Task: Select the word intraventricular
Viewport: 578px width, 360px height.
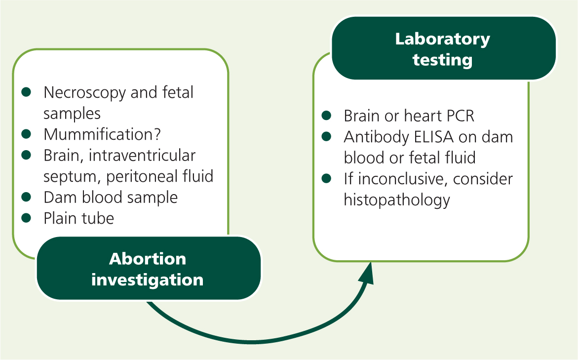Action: pos(142,155)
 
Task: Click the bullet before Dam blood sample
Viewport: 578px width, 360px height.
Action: pos(26,197)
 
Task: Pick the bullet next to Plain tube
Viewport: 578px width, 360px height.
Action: pos(26,218)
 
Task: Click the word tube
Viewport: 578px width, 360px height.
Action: pos(98,218)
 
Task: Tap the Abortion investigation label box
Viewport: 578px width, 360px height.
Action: pos(148,269)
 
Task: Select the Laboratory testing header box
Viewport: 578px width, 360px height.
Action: pos(443,48)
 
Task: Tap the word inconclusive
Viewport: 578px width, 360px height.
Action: pos(402,179)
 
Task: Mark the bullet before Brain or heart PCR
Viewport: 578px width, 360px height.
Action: pos(327,116)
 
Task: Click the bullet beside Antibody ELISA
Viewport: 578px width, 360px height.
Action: pos(327,136)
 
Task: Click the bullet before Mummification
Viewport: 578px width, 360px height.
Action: pos(26,134)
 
